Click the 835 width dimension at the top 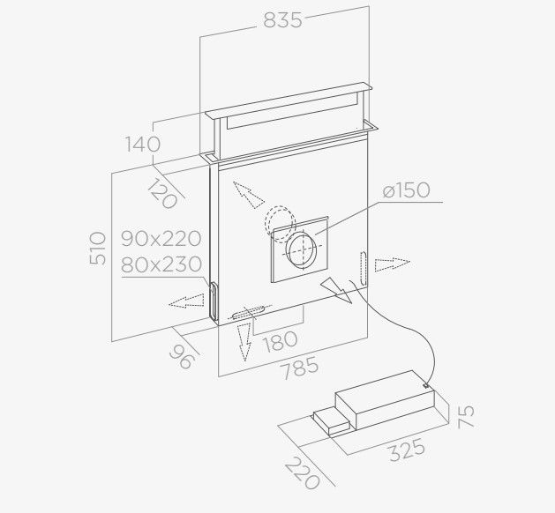coord(283,20)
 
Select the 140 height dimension coord(143,145)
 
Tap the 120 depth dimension coord(162,193)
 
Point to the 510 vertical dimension coord(98,249)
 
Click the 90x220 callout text coord(161,239)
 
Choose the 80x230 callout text coord(161,264)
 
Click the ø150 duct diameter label coord(407,190)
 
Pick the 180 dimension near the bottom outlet coord(281,341)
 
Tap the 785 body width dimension coord(299,368)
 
